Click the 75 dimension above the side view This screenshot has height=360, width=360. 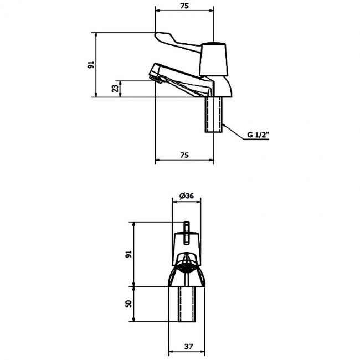pyautogui.click(x=184, y=6)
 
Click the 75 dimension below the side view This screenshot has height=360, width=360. pyautogui.click(x=184, y=155)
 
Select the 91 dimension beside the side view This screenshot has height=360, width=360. pyautogui.click(x=91, y=65)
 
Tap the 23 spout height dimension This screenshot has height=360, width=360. pyautogui.click(x=116, y=89)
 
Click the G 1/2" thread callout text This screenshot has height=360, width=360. pyautogui.click(x=258, y=135)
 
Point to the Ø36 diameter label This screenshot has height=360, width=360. pyautogui.click(x=187, y=196)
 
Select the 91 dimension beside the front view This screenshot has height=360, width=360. pyautogui.click(x=129, y=254)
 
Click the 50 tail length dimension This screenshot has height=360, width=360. pyautogui.click(x=129, y=304)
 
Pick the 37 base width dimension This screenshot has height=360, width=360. pyautogui.click(x=188, y=346)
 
